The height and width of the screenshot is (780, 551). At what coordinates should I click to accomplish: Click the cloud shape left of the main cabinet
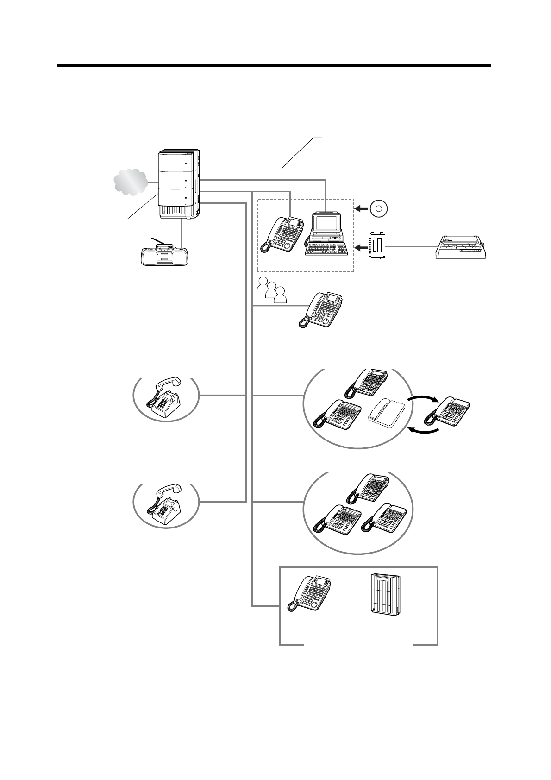tap(130, 182)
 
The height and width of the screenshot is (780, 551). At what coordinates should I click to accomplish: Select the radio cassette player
tap(164, 254)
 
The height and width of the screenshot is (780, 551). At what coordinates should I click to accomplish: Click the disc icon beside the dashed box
tap(379, 209)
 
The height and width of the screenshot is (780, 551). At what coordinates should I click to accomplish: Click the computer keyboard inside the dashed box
tap(326, 249)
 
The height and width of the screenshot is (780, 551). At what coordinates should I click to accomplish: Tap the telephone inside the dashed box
tap(282, 234)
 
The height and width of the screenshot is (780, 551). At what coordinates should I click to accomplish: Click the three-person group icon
tap(271, 290)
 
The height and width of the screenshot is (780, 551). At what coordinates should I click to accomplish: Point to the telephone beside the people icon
tap(321, 310)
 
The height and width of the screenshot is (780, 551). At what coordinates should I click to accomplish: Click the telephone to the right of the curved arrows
tap(448, 411)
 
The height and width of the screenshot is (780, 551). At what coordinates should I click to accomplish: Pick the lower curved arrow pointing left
tap(423, 432)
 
